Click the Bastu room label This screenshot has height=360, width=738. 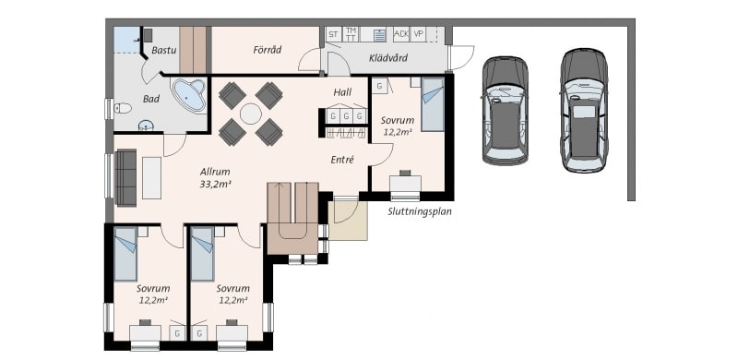(164, 50)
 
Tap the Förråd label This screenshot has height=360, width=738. (267, 50)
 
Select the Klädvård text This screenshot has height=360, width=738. (387, 58)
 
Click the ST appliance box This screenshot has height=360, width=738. (334, 34)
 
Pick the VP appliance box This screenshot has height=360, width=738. (418, 34)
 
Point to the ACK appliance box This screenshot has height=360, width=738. (401, 34)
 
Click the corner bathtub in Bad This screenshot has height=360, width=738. (190, 96)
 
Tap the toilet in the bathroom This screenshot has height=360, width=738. (123, 108)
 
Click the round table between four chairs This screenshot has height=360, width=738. (250, 114)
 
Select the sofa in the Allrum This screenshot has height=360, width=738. (125, 177)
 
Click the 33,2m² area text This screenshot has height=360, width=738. (215, 185)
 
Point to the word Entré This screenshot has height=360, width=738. (342, 160)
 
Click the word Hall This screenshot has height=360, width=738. (342, 92)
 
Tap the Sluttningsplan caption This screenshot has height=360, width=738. (420, 211)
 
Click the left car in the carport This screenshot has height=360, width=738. (505, 111)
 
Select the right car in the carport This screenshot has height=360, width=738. (584, 110)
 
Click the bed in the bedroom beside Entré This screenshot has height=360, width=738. (433, 104)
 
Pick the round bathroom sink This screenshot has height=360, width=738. (146, 126)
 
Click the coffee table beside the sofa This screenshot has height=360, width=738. (151, 177)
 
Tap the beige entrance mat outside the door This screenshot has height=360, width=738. (348, 221)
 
